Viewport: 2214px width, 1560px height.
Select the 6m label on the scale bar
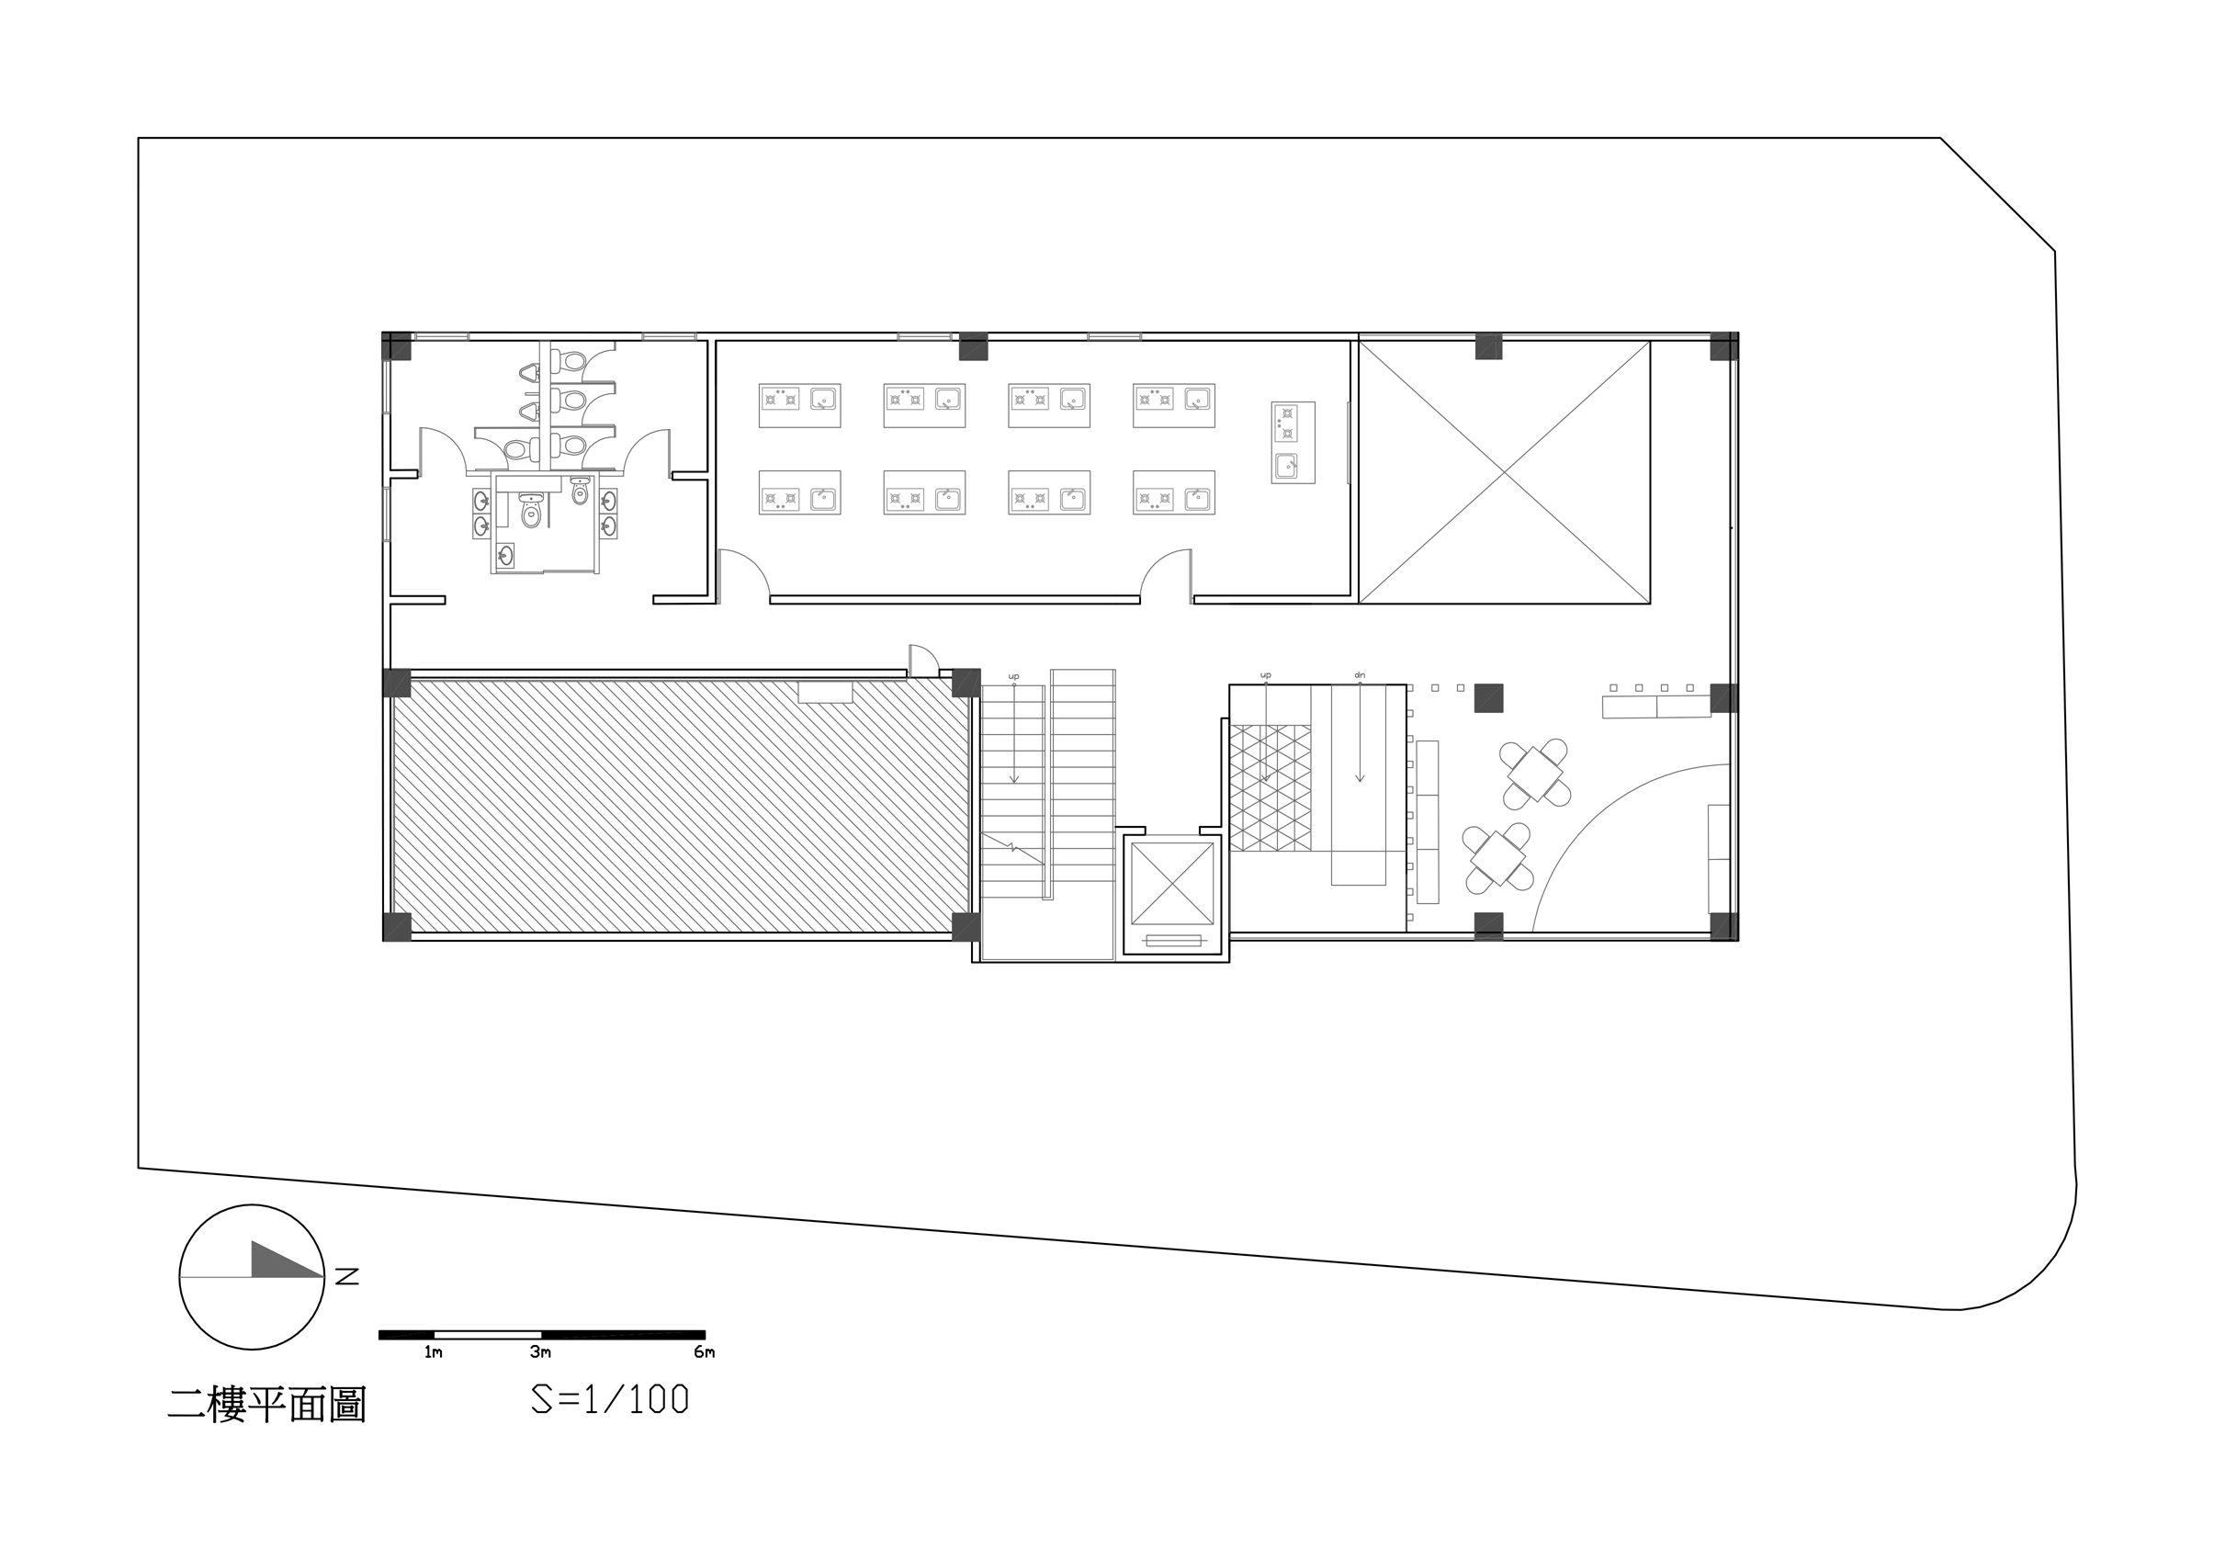[x=704, y=1351]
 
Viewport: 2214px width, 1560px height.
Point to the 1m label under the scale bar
[x=433, y=1351]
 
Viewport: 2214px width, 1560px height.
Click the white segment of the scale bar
[x=487, y=1334]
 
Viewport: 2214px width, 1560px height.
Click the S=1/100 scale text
[x=610, y=1399]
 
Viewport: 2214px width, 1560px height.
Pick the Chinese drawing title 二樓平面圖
[x=267, y=1404]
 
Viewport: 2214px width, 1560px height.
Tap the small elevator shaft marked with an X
[x=1171, y=883]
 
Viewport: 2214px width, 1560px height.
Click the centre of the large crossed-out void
[x=1504, y=472]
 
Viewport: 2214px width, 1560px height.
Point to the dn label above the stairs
[x=1360, y=675]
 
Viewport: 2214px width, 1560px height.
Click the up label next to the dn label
[x=1266, y=675]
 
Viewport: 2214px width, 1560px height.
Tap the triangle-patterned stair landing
[x=1270, y=787]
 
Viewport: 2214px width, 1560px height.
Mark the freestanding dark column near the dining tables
[x=1489, y=697]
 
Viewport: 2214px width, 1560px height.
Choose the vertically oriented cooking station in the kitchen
[x=1293, y=443]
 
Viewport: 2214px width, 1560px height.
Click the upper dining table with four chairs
[x=1535, y=774]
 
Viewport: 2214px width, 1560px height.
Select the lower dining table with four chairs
[x=1497, y=858]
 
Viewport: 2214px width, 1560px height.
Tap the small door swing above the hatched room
[x=923, y=660]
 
